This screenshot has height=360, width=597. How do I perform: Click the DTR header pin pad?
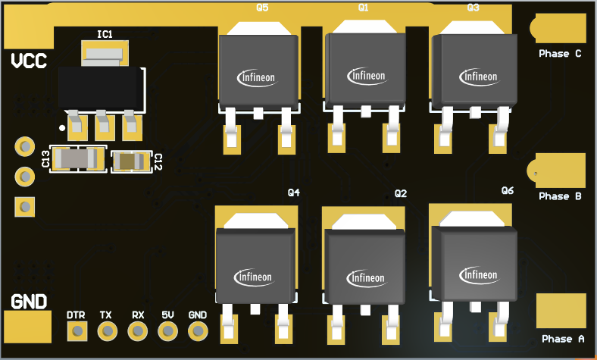coord(77,331)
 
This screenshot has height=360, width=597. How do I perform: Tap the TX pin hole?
coord(108,331)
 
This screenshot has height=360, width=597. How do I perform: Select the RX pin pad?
coord(137,331)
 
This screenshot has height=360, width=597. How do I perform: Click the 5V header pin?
coord(168,331)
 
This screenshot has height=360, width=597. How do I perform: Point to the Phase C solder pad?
coord(558,28)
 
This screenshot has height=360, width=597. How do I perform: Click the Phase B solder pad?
coord(557,171)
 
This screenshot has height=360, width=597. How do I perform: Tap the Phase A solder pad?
coord(561,311)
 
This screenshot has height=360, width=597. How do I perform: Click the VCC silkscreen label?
coord(29,61)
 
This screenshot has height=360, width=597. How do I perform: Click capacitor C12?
coord(131,161)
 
